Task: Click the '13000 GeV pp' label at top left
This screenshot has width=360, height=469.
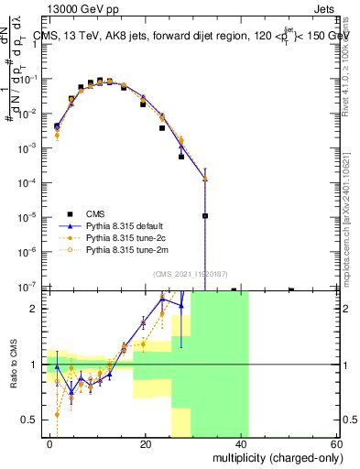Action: click(72, 9)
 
